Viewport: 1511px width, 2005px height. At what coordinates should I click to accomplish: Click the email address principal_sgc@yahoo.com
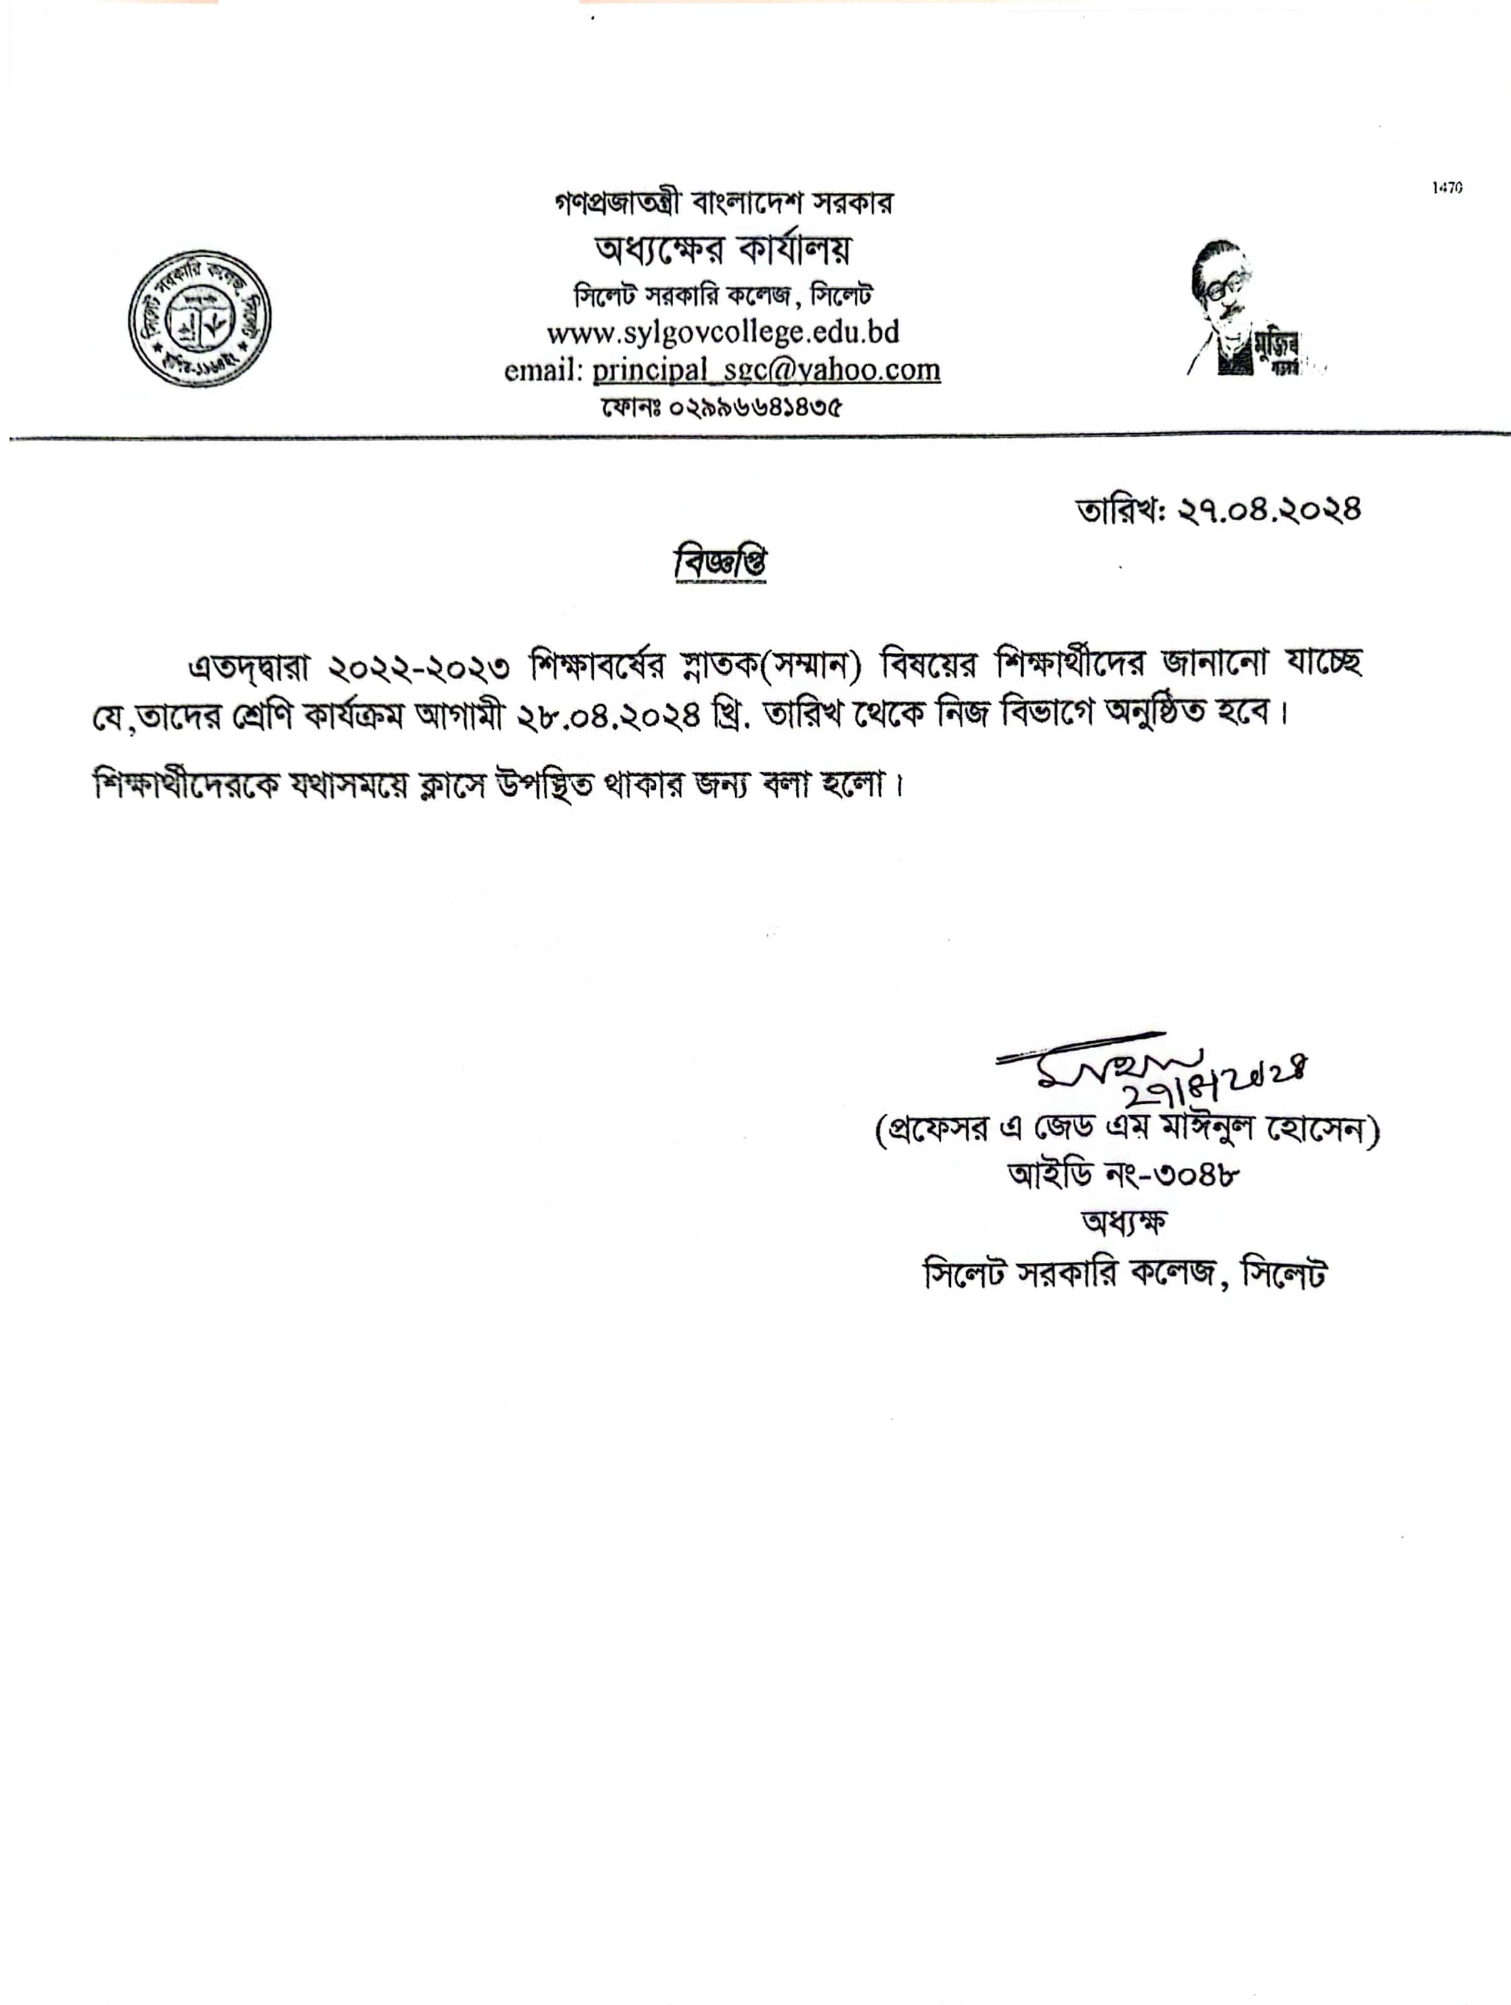pos(766,370)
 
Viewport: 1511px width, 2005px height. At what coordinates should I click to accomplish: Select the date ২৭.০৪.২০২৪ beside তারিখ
pos(1269,510)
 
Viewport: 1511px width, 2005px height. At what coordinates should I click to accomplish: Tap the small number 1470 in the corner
pos(1448,188)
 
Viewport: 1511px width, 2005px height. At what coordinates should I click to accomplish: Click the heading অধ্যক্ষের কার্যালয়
pos(723,249)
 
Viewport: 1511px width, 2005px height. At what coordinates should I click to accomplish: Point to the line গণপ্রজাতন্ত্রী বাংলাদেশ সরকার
pos(723,203)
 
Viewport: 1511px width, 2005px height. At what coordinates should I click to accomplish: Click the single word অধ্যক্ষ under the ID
pos(1124,1222)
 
